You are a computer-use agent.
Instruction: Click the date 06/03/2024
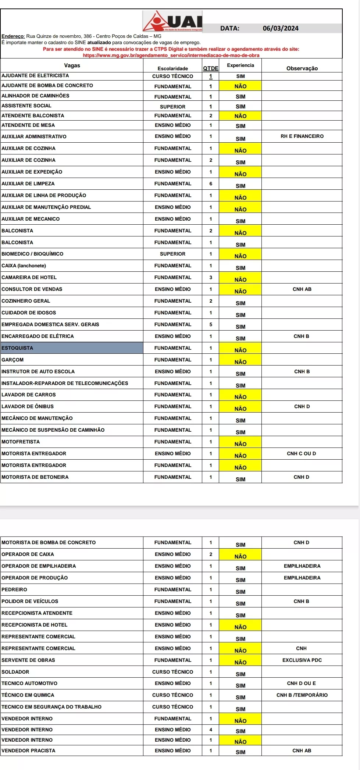tap(281, 28)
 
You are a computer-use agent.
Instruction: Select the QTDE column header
tap(211, 68)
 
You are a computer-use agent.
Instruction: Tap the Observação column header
tap(302, 68)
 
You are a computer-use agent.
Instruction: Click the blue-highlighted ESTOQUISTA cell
tap(72, 348)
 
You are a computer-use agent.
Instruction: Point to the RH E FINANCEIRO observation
tap(302, 136)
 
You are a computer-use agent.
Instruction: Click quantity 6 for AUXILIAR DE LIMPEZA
tap(211, 183)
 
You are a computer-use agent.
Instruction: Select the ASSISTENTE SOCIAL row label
tap(26, 106)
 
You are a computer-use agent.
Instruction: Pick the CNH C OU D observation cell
tap(301, 453)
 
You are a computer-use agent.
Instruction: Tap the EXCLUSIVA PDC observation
tap(302, 660)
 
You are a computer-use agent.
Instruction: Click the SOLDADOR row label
tap(15, 672)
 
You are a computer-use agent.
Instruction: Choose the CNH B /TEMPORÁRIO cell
tap(302, 695)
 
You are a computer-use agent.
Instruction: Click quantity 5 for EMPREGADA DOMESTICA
tap(211, 324)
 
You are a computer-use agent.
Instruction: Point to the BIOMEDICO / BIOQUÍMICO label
tap(32, 254)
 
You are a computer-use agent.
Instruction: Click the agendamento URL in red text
tap(171, 55)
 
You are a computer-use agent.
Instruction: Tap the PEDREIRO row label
tap(14, 589)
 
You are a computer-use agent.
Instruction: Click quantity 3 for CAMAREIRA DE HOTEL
tap(211, 277)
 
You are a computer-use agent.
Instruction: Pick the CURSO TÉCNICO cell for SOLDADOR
tap(172, 672)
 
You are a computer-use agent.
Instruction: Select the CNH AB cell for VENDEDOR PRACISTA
tap(302, 751)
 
